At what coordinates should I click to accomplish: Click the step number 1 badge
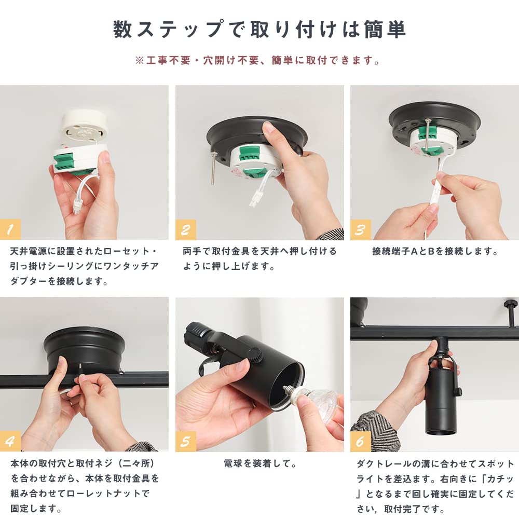(11, 229)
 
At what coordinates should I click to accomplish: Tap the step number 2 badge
(186, 229)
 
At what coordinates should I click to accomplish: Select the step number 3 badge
(361, 229)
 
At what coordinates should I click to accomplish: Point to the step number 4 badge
(11, 441)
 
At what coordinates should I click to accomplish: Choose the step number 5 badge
(186, 441)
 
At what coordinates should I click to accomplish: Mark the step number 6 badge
(361, 441)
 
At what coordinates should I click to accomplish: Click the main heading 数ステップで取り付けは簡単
(259, 30)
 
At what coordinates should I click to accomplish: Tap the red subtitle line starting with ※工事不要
(258, 61)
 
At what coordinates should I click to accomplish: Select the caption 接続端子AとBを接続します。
(435, 252)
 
